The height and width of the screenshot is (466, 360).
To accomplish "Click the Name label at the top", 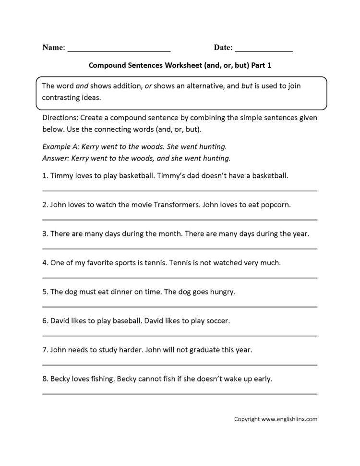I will click(53, 48).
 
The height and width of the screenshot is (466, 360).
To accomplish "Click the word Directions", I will click(60, 118).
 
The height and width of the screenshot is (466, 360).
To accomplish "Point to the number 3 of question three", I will click(45, 234).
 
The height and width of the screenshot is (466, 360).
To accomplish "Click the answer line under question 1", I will click(180, 191).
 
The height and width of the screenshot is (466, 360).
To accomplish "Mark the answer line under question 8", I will click(180, 393).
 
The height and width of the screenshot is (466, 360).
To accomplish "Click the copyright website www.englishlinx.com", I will click(289, 419).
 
